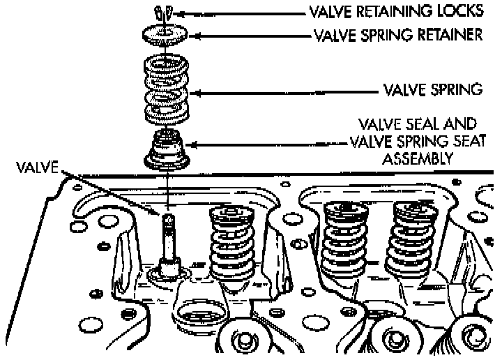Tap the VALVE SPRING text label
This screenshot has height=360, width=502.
click(x=434, y=90)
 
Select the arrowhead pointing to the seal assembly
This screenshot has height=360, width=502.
click(x=196, y=144)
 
